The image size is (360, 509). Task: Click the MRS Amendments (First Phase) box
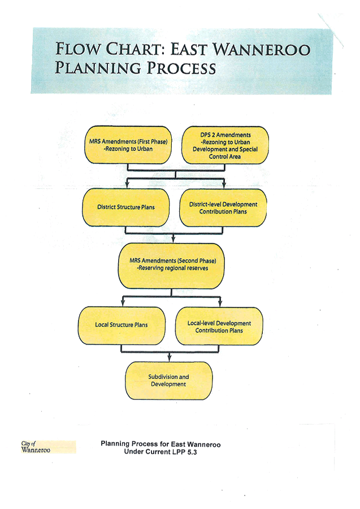tap(128, 145)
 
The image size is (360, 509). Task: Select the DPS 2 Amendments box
tap(225, 145)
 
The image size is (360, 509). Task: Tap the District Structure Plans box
tap(125, 207)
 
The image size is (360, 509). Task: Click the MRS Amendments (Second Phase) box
tap(172, 264)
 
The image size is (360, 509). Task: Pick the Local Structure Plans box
tap(122, 325)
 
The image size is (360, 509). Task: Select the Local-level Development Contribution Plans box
tap(219, 326)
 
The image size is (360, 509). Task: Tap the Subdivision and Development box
tap(169, 380)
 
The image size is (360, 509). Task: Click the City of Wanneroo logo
tap(48, 446)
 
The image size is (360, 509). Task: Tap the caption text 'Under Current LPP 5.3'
tap(160, 453)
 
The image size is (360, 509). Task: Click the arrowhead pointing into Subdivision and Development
tap(170, 360)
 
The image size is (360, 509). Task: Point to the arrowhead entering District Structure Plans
tap(128, 186)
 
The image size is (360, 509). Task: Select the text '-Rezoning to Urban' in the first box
tap(128, 150)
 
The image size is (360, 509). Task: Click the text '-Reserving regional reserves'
tap(172, 268)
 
